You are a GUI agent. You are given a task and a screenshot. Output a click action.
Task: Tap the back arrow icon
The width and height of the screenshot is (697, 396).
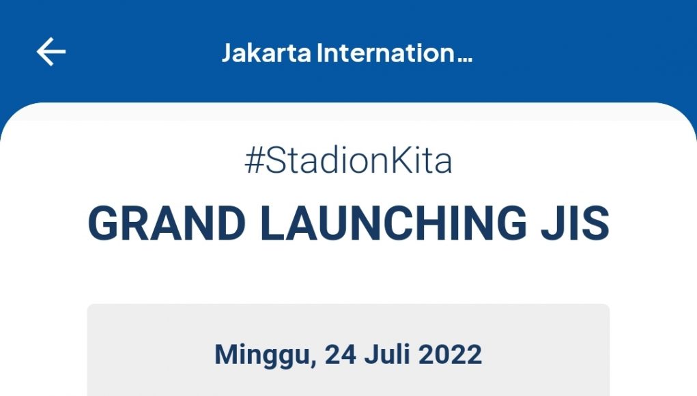tap(51, 52)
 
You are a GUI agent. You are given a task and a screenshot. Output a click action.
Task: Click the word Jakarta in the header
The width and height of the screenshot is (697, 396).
tap(266, 53)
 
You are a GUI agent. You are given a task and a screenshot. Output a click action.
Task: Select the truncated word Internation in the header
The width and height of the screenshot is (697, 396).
tap(386, 53)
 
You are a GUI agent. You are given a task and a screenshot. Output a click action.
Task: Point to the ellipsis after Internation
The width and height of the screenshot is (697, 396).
tap(464, 59)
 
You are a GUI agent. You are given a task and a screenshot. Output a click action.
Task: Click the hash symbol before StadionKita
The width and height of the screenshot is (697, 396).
tap(255, 160)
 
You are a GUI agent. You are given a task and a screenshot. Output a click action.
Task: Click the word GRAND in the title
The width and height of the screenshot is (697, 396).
tap(167, 223)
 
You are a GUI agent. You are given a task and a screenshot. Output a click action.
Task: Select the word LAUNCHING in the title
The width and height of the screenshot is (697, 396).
tap(393, 223)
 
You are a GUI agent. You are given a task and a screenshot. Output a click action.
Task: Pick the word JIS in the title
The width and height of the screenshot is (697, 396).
tap(575, 223)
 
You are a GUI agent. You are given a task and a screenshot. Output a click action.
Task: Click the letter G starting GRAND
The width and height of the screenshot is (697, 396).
tap(104, 223)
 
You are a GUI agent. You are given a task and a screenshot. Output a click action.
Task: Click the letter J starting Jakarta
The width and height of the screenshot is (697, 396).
tap(227, 53)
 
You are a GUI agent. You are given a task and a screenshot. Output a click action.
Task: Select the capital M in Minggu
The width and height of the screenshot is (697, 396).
tap(226, 354)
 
